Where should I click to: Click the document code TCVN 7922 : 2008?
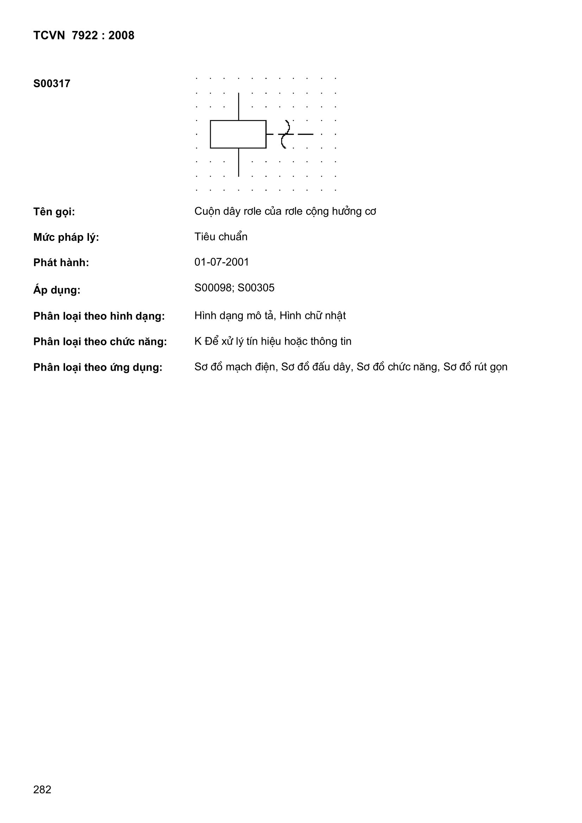click(x=83, y=36)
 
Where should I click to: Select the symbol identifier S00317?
click(x=52, y=84)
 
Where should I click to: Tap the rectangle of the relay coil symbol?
click(x=238, y=134)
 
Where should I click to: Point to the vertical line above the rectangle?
click(x=239, y=106)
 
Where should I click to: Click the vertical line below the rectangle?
click(x=239, y=162)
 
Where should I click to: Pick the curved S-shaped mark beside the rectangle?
click(x=285, y=134)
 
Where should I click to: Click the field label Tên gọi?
click(x=54, y=212)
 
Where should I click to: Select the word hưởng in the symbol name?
click(x=347, y=212)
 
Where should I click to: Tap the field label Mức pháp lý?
click(x=66, y=237)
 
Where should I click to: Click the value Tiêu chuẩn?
click(x=221, y=237)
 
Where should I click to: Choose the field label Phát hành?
click(x=61, y=263)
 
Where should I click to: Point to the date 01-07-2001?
click(x=221, y=262)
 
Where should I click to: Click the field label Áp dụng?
click(x=57, y=290)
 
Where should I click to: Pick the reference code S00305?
click(x=256, y=288)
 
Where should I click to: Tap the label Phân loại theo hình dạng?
click(x=99, y=316)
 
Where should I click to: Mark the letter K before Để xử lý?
click(x=198, y=341)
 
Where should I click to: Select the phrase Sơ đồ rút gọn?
click(x=475, y=367)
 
